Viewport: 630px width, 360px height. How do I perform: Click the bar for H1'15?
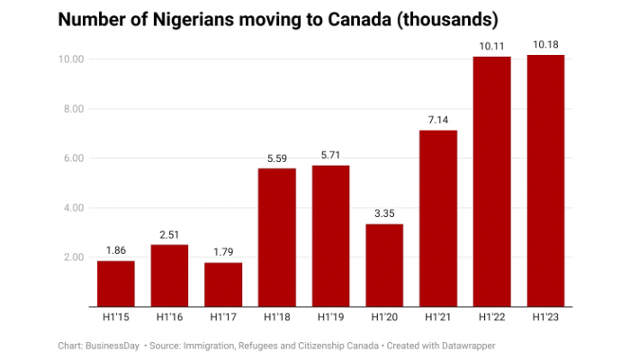tap(115, 283)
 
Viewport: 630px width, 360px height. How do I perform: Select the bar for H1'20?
tap(384, 265)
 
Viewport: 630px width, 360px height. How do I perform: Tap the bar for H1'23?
tap(545, 180)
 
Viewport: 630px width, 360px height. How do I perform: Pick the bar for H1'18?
tap(277, 237)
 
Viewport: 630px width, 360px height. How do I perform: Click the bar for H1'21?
tap(438, 218)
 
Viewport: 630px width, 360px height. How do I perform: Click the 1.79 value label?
tap(223, 253)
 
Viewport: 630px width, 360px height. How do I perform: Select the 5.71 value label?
tap(331, 156)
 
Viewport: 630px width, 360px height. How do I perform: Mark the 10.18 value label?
tap(545, 45)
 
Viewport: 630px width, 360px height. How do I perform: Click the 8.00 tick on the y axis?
tap(71, 109)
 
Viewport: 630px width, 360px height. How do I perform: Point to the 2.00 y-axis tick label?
tap(71, 257)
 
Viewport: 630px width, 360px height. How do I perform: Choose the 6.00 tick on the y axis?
tap(71, 158)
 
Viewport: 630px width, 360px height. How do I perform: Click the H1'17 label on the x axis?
tap(223, 317)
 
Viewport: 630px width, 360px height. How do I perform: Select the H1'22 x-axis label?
tap(492, 317)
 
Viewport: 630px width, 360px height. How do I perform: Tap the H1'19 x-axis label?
tap(331, 317)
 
